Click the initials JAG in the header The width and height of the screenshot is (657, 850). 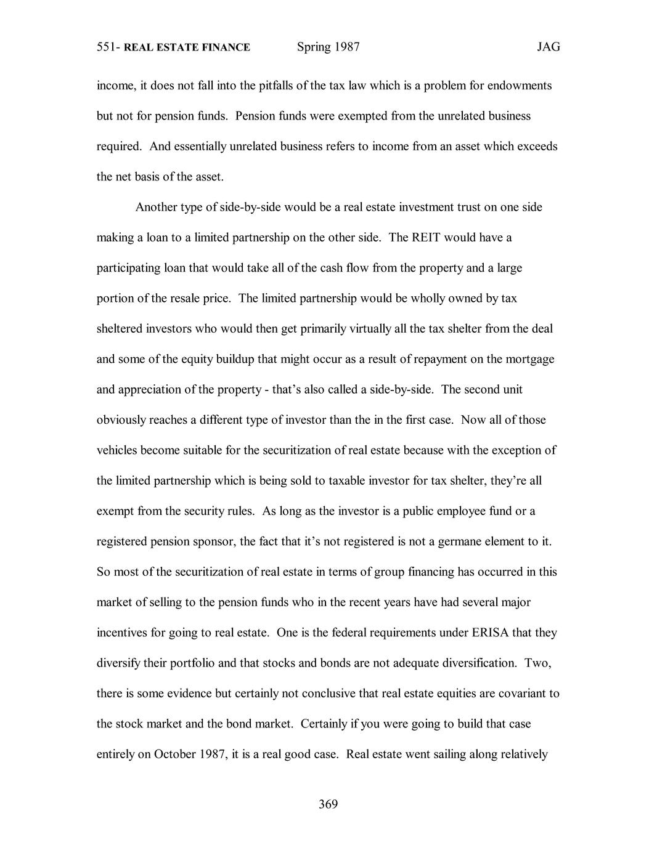548,47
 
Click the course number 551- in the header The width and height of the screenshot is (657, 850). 108,47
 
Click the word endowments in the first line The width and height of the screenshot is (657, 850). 520,86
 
